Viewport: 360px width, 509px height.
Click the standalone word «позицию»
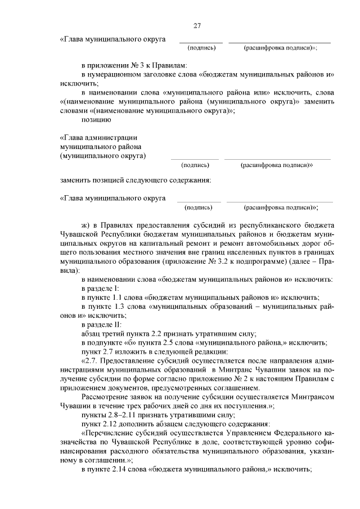click(96, 119)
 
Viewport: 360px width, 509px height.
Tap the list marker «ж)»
click(86, 223)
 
